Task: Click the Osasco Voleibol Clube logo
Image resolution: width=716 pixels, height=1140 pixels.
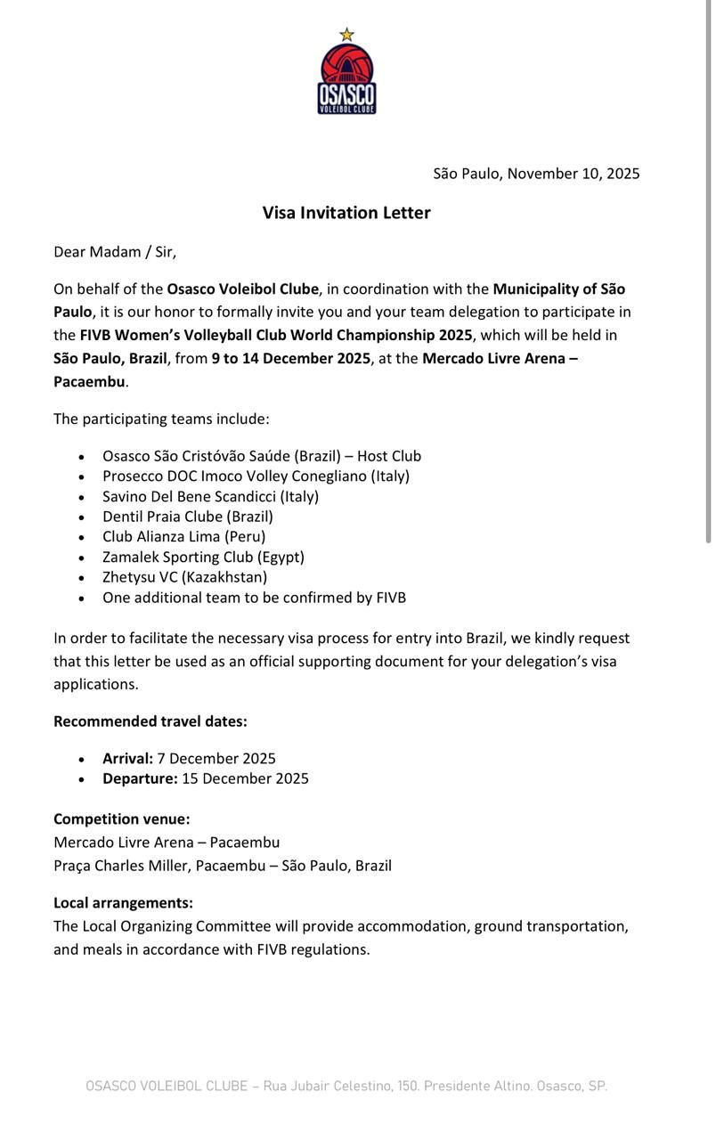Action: [x=346, y=79]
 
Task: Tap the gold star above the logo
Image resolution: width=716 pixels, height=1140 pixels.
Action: [x=346, y=35]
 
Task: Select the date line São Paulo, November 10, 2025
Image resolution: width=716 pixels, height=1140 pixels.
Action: [x=536, y=174]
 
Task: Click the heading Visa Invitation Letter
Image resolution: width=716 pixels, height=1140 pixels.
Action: [x=346, y=213]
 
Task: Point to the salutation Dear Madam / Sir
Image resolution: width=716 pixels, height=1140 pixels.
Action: [x=115, y=252]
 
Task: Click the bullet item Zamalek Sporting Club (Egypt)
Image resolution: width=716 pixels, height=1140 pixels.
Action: [x=203, y=557]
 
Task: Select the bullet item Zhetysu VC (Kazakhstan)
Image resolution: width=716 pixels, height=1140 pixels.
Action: [x=184, y=577]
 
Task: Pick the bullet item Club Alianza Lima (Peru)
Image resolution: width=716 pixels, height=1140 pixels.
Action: [x=183, y=536]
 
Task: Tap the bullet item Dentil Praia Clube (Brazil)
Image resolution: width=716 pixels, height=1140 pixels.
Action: [x=187, y=517]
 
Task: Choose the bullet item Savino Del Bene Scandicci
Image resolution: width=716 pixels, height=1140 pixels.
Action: [x=210, y=496]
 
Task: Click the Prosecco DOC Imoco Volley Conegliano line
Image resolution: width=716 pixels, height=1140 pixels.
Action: [x=256, y=476]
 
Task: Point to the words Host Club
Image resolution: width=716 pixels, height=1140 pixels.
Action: [x=389, y=456]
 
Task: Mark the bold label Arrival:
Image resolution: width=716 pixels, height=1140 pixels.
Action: [x=127, y=759]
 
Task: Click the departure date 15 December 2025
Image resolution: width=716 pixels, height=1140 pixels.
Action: [x=245, y=778]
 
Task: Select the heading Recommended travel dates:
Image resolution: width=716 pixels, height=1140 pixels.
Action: [x=151, y=721]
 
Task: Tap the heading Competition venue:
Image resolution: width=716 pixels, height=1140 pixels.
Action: [x=121, y=819]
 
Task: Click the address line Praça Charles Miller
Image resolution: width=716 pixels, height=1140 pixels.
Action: [x=222, y=866]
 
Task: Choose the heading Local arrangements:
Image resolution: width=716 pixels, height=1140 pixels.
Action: [x=123, y=903]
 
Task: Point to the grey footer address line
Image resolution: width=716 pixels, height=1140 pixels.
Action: [x=346, y=1087]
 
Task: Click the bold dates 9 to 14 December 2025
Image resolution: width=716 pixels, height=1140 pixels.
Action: [x=290, y=359]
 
